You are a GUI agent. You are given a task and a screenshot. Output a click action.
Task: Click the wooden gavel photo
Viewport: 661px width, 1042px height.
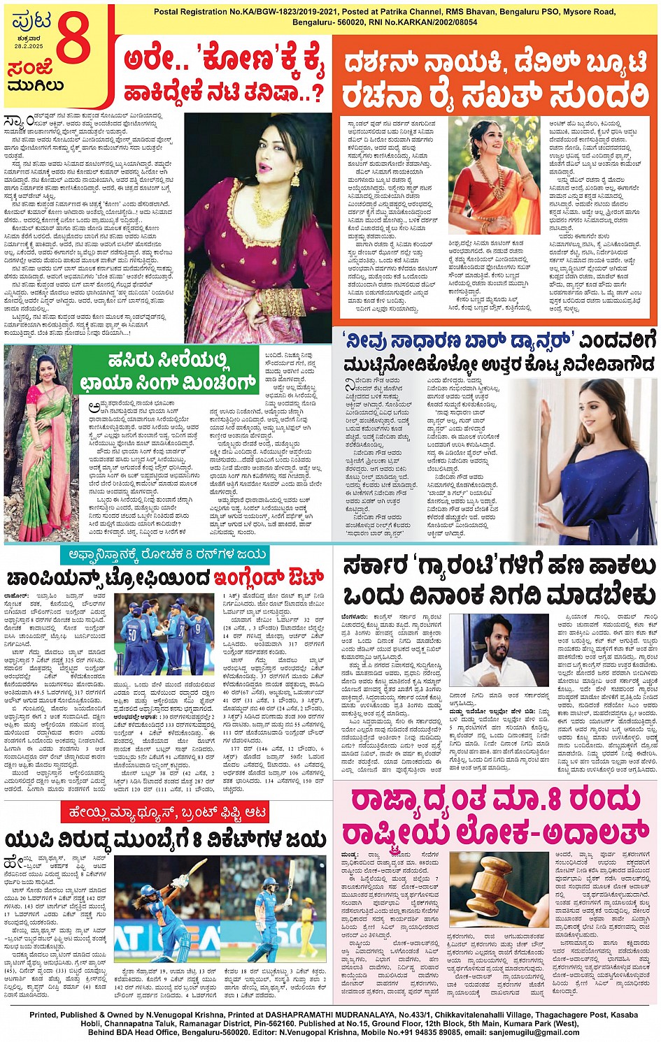click(499, 889)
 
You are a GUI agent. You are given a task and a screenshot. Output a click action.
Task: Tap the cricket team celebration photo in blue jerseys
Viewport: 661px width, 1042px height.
click(164, 635)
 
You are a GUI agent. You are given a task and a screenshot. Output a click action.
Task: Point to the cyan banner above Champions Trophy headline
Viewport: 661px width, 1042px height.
click(163, 555)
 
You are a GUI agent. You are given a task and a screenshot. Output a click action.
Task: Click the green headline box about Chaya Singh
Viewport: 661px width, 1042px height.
click(166, 371)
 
